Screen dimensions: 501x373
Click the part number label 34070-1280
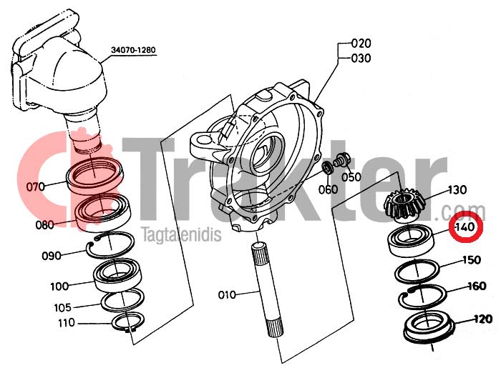point(133,50)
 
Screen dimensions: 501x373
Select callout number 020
point(361,43)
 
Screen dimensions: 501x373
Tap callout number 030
point(361,59)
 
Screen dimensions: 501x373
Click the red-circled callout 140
point(465,227)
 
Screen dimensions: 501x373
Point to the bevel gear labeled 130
point(404,206)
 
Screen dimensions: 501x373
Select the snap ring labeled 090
point(110,244)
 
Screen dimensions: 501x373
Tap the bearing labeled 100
point(118,274)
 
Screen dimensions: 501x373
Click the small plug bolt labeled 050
point(343,159)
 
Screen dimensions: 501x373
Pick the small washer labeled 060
point(327,168)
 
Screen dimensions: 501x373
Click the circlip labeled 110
point(128,322)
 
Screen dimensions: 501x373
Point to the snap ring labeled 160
point(422,297)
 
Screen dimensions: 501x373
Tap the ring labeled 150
point(417,272)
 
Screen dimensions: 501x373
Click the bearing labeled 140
point(412,240)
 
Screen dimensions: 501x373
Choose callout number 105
point(63,307)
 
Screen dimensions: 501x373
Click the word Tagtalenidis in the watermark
point(181,234)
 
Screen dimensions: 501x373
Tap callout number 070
point(36,186)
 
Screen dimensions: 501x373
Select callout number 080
point(44,225)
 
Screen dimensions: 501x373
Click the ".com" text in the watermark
point(464,212)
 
